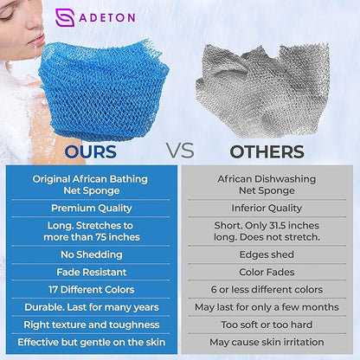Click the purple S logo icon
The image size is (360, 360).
pos(65,18)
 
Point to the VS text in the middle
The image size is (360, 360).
pos(179,151)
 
